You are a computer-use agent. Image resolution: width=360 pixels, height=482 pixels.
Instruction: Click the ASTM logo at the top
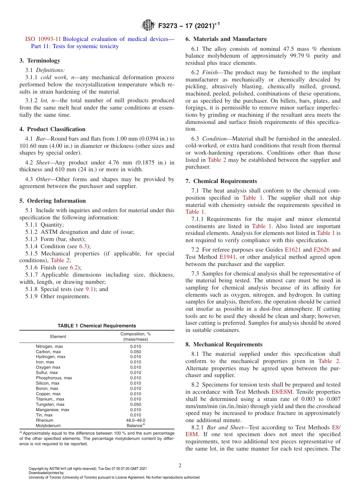pos(148,26)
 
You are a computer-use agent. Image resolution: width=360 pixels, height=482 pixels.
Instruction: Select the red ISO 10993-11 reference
pos(43,39)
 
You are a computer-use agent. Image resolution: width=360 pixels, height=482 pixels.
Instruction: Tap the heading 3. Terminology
pos(40,61)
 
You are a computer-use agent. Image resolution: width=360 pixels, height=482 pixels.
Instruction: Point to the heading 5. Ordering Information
pos(53,201)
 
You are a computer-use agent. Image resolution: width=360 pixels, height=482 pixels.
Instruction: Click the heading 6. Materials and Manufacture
pos(226,39)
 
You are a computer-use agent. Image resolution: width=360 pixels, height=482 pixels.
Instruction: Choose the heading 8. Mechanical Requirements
pos(224,344)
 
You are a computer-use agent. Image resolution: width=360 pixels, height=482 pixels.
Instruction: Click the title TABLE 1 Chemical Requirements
pos(97,326)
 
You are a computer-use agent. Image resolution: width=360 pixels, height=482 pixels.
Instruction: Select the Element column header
pos(58,336)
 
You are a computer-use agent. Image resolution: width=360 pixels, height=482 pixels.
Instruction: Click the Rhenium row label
pos(44,420)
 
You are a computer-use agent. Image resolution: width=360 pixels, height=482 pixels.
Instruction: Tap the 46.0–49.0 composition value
pos(135,420)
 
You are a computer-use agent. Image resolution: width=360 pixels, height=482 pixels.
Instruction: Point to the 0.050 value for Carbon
pos(135,352)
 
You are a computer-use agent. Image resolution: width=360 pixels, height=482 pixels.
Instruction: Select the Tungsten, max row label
pos(50,404)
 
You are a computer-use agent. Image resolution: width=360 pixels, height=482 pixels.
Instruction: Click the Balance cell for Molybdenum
pos(135,426)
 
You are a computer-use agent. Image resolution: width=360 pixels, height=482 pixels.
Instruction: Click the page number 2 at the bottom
pos(180,465)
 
